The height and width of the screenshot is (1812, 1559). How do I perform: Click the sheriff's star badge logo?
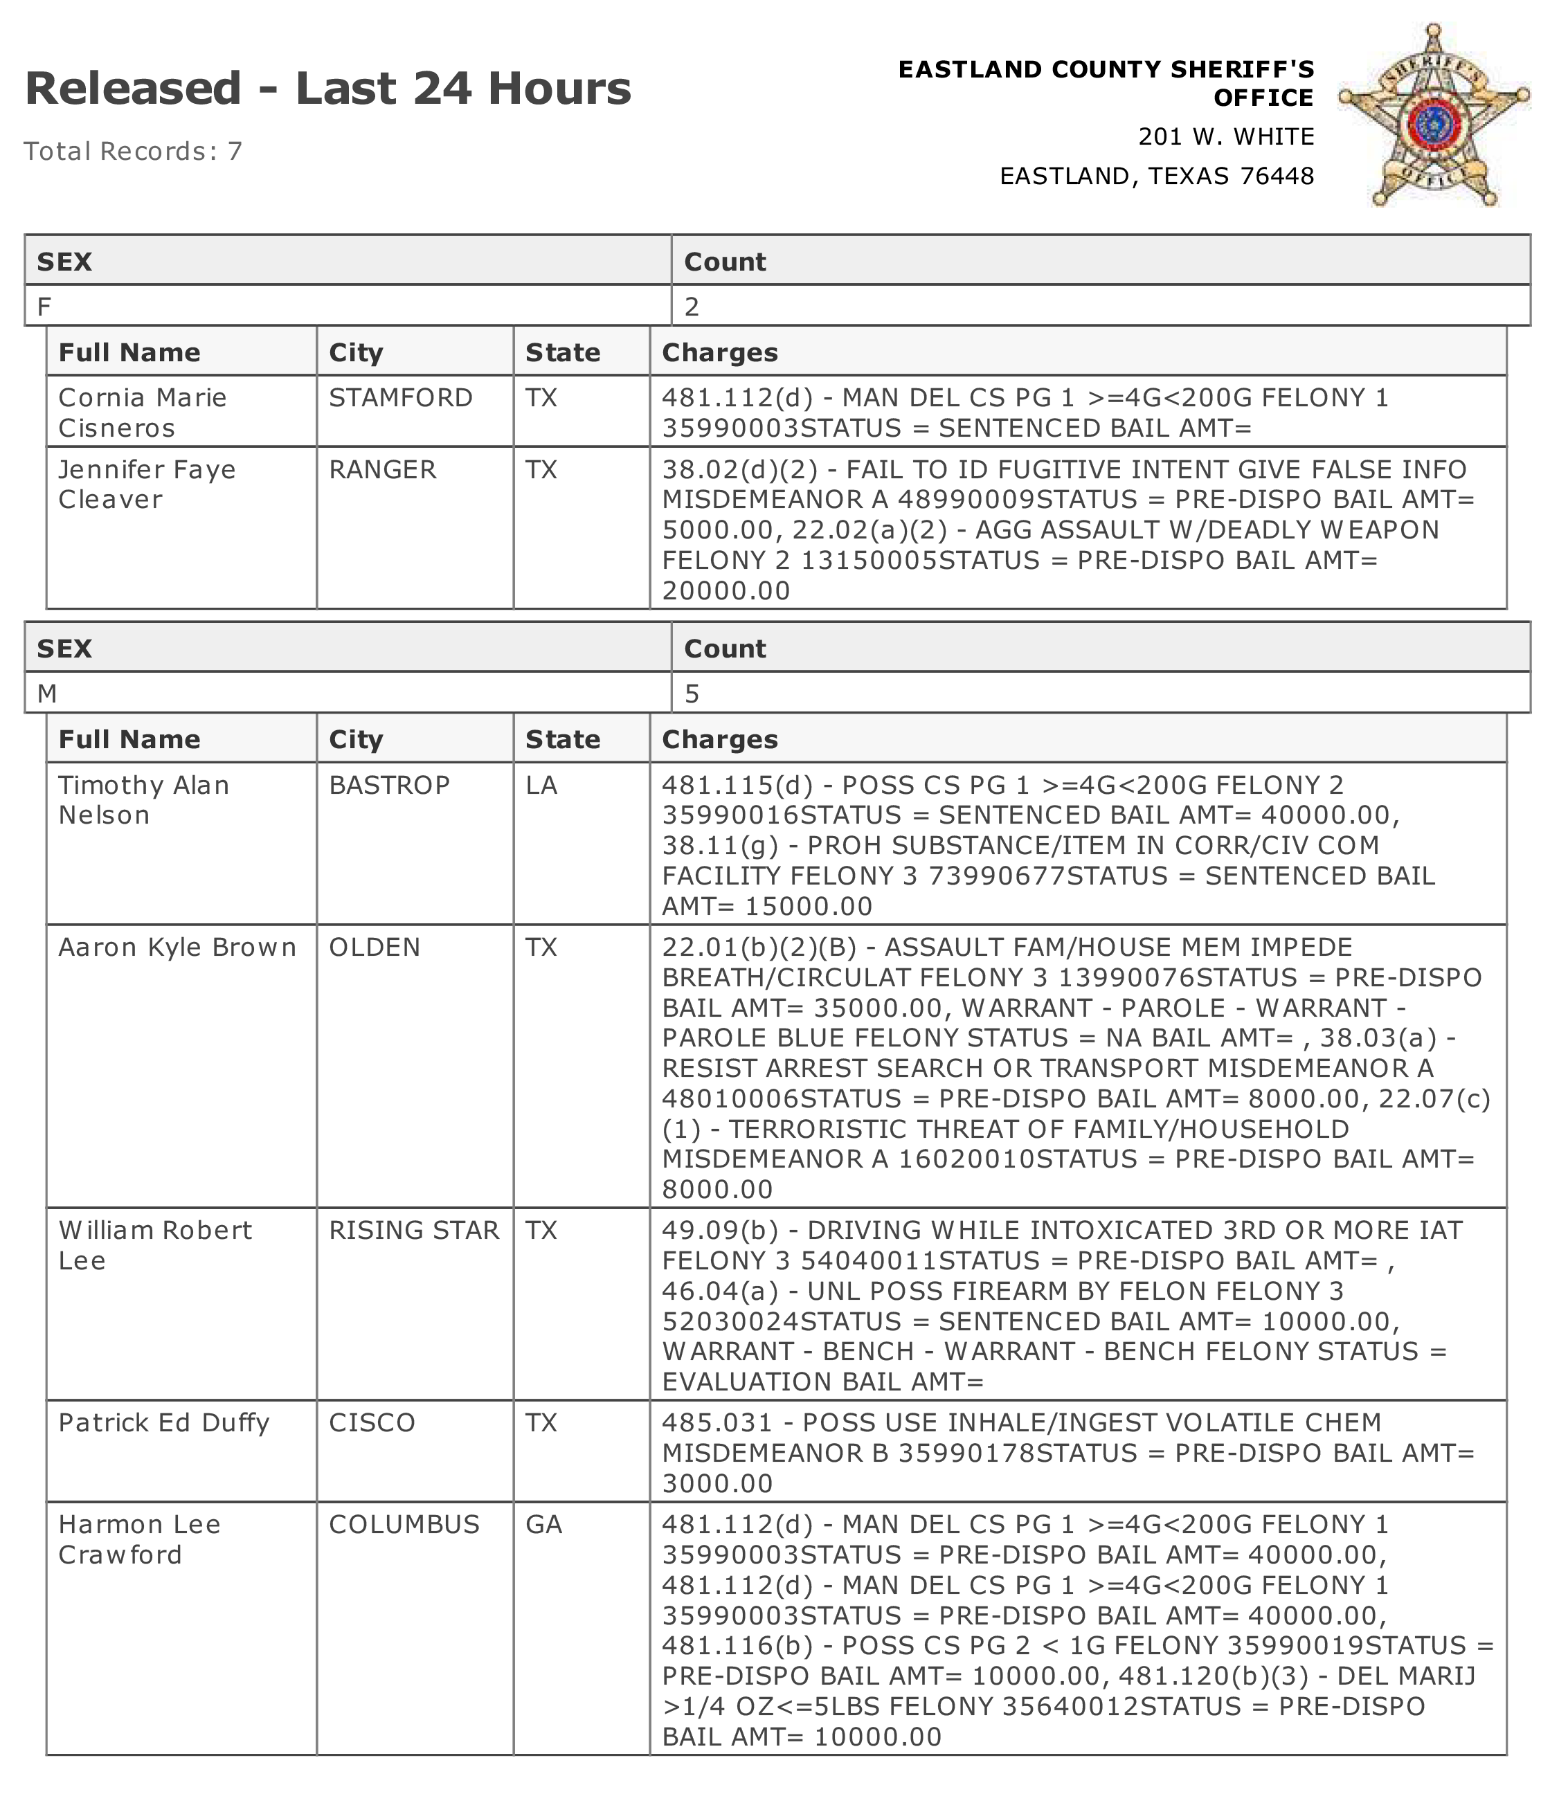[1433, 116]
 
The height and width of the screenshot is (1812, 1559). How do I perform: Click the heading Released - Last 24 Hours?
[327, 89]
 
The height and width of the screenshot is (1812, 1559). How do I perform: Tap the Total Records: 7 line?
[133, 152]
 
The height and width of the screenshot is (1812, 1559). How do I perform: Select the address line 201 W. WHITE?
[1226, 136]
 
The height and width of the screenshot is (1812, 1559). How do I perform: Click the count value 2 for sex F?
[692, 306]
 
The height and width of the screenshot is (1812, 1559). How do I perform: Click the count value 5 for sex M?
[692, 694]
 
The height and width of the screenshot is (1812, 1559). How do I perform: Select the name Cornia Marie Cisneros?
[142, 412]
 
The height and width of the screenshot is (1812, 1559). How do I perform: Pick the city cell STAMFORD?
[401, 398]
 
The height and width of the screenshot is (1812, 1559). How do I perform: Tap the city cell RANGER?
[382, 470]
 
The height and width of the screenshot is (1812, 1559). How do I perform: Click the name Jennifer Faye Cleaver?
[146, 484]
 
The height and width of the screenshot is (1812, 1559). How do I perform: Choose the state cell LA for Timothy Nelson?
[541, 786]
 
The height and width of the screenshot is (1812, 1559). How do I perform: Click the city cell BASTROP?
[389, 786]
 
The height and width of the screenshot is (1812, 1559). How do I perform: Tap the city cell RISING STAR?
[414, 1231]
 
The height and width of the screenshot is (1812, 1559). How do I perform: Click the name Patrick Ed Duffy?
[163, 1423]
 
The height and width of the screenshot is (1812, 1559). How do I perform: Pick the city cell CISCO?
[372, 1423]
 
